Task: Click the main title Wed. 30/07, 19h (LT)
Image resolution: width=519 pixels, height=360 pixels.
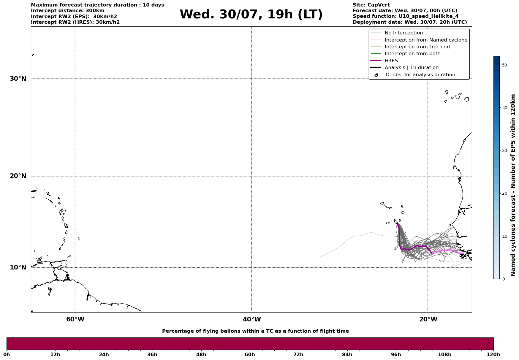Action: click(251, 15)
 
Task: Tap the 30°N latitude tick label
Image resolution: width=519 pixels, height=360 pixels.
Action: click(18, 79)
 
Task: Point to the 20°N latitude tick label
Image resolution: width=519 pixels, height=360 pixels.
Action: click(18, 176)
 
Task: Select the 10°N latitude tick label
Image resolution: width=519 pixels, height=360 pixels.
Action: click(18, 267)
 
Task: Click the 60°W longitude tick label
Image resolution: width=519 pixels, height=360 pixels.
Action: click(75, 319)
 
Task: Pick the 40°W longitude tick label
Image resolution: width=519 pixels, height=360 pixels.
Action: click(252, 319)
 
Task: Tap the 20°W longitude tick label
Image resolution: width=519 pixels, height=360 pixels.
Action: click(428, 319)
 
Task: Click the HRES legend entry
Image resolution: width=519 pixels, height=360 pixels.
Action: click(391, 61)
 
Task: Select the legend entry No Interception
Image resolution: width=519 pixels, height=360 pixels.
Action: click(404, 33)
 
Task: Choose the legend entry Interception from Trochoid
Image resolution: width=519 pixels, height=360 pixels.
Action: click(417, 47)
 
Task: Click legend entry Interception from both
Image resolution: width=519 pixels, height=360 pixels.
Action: click(412, 54)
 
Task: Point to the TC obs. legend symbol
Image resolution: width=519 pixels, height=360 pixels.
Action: click(376, 75)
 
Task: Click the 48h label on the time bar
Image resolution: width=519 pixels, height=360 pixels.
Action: click(201, 354)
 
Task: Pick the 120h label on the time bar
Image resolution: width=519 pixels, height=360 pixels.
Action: click(493, 354)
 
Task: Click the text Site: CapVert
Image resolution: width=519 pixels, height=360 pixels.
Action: click(371, 5)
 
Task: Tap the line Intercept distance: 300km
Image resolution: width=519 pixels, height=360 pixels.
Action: click(67, 11)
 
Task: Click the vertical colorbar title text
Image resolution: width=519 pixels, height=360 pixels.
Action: click(513, 185)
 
